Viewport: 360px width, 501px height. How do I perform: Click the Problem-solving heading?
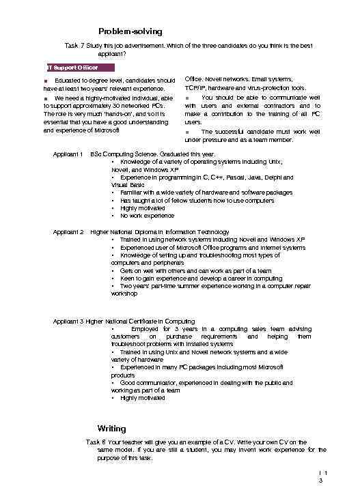tap(130, 31)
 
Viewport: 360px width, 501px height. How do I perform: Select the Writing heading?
tap(111, 429)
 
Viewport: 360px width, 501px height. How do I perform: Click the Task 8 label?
tap(95, 442)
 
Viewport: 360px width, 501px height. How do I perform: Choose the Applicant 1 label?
tap(68, 154)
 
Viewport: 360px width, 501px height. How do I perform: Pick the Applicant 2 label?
tap(68, 232)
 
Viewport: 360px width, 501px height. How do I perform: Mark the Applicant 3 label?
tap(68, 321)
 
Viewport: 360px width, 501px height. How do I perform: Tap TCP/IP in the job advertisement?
tap(197, 88)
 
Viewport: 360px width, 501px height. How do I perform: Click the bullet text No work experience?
tap(146, 216)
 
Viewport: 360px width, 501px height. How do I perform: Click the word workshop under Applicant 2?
tap(124, 294)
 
